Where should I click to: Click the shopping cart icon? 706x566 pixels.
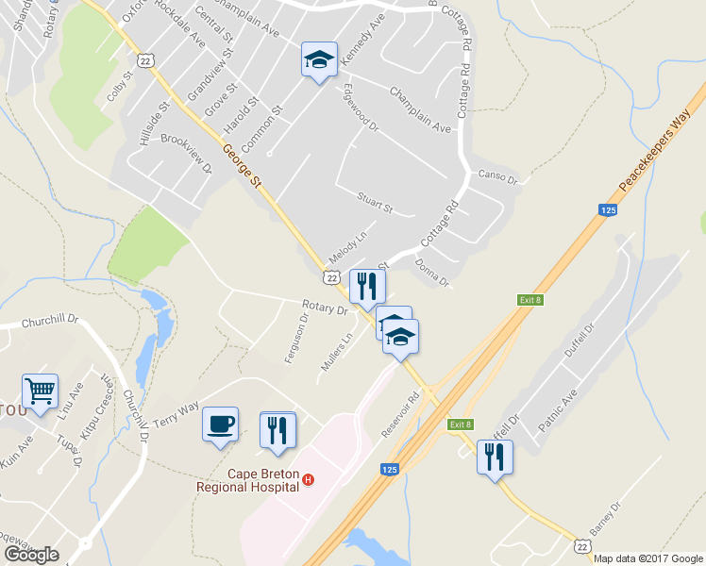tap(40, 391)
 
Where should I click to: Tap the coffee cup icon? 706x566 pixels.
tap(221, 423)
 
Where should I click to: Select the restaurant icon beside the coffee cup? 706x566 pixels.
tap(277, 429)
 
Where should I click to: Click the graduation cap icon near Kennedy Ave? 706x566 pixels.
tap(319, 59)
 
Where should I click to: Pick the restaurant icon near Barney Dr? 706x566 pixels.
tap(495, 457)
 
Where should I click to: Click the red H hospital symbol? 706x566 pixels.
tap(308, 481)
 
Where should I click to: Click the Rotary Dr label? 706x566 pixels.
tap(326, 307)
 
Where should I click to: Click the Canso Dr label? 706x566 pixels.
tap(499, 176)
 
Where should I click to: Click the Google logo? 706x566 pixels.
tap(32, 555)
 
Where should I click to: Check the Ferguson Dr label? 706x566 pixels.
tap(296, 338)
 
